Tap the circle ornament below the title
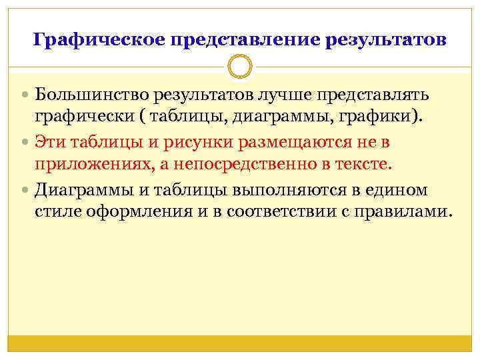(x=239, y=67)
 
